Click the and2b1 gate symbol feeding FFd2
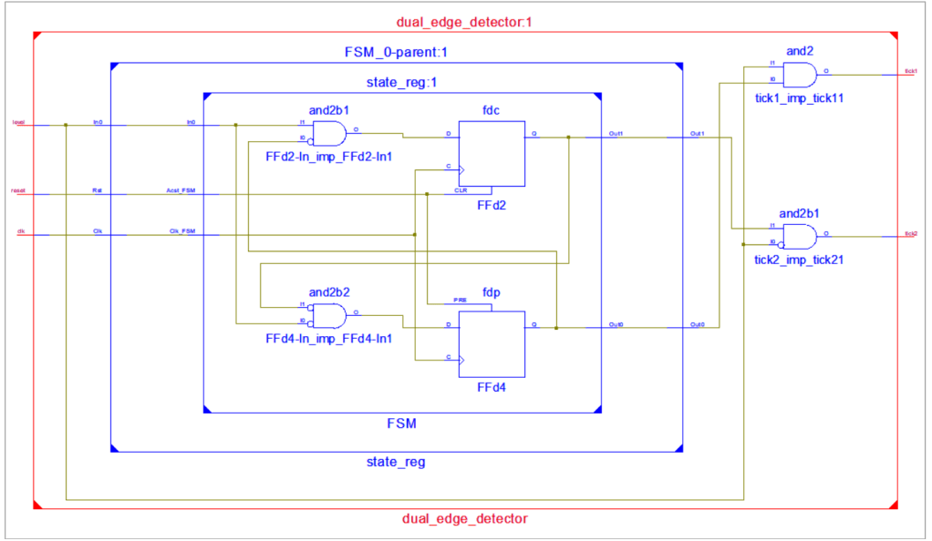[x=328, y=134]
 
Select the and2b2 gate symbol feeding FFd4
[x=328, y=316]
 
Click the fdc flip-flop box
[x=492, y=154]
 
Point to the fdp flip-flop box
[x=492, y=343]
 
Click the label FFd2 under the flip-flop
[x=492, y=205]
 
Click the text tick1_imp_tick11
[x=799, y=97]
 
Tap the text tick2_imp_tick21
[x=799, y=260]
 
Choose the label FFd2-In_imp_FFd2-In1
[x=328, y=157]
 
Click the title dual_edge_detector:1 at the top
[x=464, y=22]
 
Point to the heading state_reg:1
[x=401, y=82]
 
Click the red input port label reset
[x=17, y=190]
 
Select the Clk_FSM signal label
[x=181, y=231]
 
